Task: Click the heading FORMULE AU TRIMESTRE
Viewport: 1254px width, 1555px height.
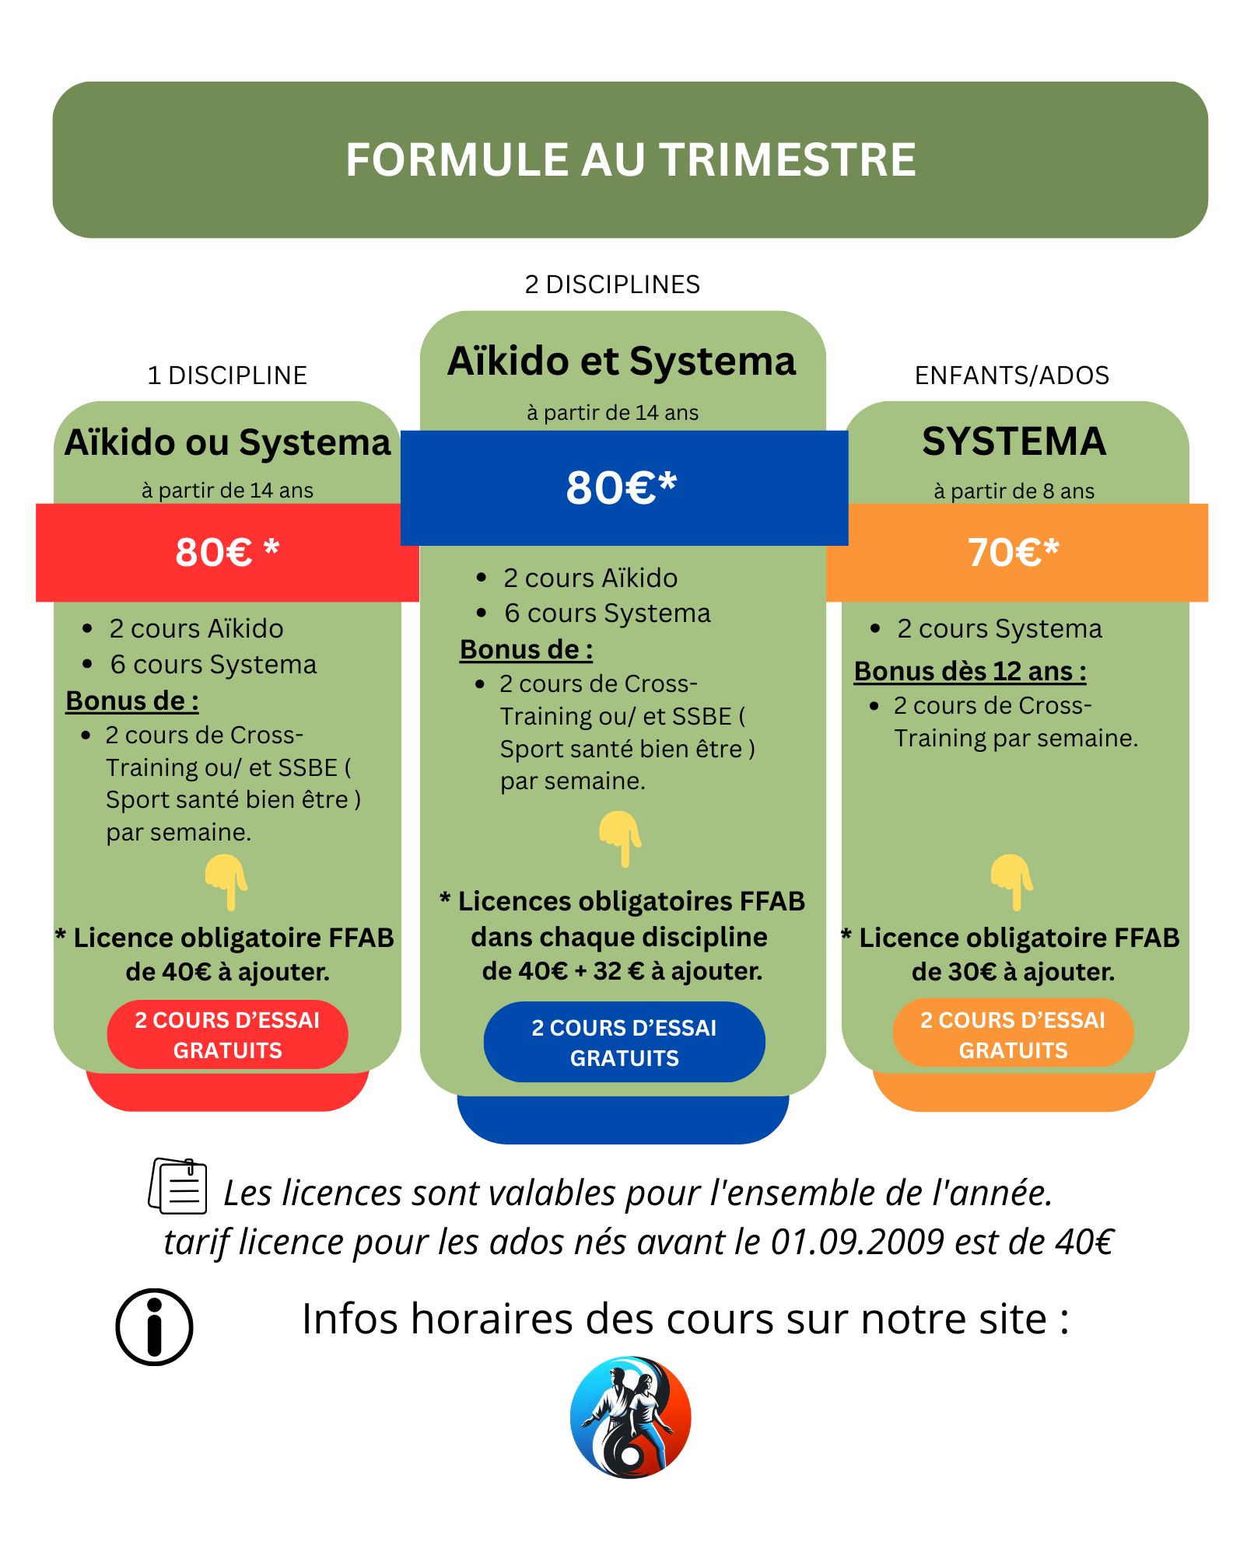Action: [x=630, y=160]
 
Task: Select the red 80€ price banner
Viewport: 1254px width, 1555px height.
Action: [x=226, y=553]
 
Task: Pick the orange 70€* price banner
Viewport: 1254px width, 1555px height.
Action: [x=1014, y=553]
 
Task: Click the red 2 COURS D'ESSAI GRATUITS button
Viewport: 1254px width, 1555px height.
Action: [x=227, y=1035]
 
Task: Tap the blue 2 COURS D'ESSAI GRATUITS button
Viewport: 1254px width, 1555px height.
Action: [x=624, y=1043]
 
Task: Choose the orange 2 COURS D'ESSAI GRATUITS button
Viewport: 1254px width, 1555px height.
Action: [x=1013, y=1035]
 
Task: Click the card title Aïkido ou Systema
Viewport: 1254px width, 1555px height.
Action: [x=227, y=443]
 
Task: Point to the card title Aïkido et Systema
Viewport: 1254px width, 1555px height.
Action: [x=622, y=362]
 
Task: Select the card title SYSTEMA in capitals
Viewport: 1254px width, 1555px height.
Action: [x=1014, y=442]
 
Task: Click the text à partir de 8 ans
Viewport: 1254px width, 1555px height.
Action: [x=1014, y=491]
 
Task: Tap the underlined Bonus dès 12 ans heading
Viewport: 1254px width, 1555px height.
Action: [x=970, y=671]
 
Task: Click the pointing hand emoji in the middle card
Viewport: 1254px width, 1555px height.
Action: [x=620, y=838]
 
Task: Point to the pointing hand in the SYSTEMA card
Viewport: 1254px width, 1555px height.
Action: [x=1011, y=882]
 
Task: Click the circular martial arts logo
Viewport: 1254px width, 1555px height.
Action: [x=630, y=1417]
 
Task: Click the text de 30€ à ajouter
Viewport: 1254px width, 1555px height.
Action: [x=1013, y=972]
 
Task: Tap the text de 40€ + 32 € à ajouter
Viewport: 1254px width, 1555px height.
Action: [x=622, y=971]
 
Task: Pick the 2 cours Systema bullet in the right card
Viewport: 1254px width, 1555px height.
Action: [x=999, y=629]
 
